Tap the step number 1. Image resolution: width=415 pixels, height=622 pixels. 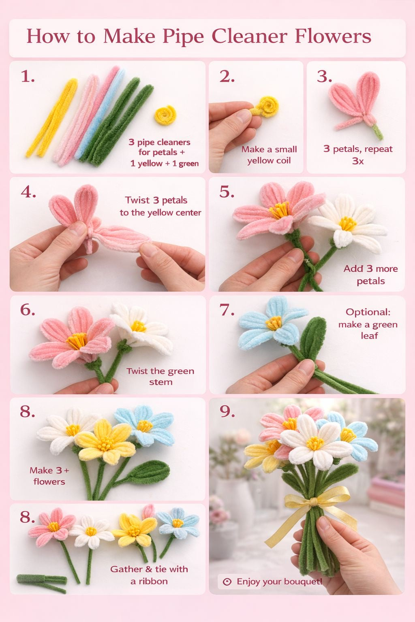[x=28, y=77]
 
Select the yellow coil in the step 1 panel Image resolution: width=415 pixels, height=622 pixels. [x=165, y=115]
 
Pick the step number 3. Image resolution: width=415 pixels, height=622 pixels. [x=324, y=77]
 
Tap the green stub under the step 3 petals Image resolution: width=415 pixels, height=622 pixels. [x=377, y=131]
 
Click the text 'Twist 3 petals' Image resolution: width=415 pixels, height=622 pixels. [x=156, y=200]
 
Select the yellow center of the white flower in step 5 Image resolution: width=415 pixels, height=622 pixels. [x=347, y=223]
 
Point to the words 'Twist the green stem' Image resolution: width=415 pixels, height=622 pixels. [x=160, y=376]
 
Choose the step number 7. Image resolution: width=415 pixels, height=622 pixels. [x=227, y=310]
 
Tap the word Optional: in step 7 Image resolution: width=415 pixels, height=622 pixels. [x=368, y=312]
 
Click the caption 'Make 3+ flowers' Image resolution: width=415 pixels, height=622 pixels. [x=49, y=476]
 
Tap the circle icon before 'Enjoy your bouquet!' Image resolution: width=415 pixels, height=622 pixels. [x=227, y=582]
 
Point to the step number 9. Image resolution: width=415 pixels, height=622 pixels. [x=227, y=411]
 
